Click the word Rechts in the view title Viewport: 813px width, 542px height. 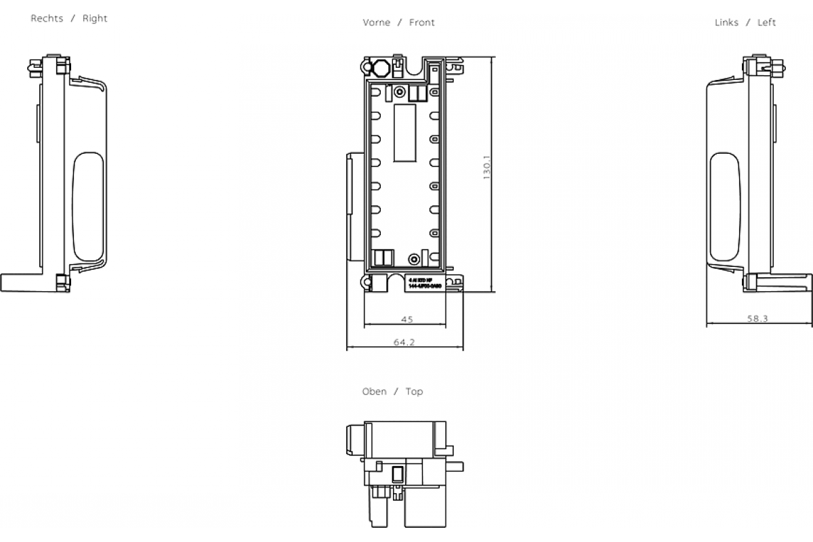coord(47,18)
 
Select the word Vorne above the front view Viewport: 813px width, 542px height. coord(376,22)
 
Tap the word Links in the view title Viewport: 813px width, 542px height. coord(726,22)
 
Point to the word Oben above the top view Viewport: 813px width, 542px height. coord(375,392)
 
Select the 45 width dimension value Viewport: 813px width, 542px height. coord(406,319)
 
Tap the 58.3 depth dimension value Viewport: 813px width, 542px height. coord(757,319)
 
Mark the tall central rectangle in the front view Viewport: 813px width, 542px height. coord(404,133)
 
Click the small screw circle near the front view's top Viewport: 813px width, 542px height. coord(399,91)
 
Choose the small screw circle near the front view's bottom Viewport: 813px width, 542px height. coord(413,258)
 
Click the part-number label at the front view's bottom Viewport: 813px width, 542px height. coord(424,283)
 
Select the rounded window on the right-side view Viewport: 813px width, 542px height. coord(88,207)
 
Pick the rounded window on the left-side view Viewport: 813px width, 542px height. coord(724,207)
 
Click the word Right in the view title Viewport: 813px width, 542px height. coord(95,18)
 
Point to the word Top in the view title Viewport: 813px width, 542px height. coord(414,392)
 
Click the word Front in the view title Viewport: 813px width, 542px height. coord(421,22)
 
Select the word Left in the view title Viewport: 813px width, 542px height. coord(766,22)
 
